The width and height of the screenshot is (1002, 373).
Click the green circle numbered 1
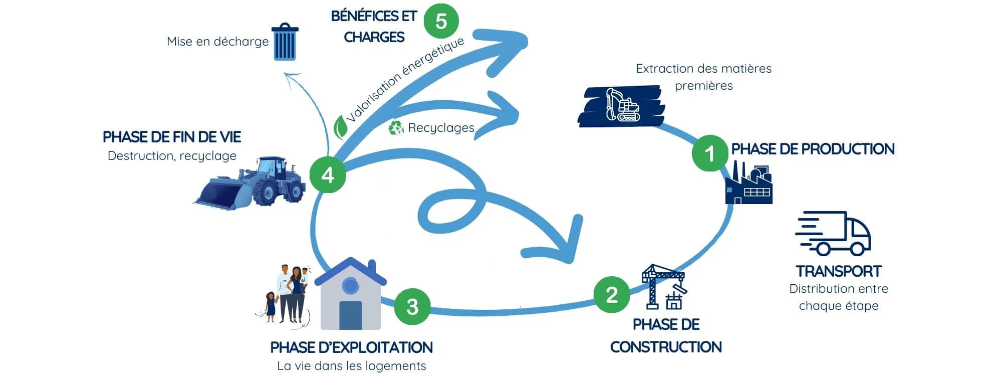pos(710,153)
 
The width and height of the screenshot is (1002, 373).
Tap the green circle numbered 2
pos(612,295)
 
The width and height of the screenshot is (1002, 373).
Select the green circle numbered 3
pos(412,306)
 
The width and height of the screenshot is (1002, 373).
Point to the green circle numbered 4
pos(328,175)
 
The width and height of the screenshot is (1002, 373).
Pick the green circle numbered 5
pos(441,21)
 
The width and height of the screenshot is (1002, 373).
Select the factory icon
pos(749,184)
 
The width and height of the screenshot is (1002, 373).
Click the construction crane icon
pos(663,287)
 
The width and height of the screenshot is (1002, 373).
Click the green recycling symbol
pos(396,128)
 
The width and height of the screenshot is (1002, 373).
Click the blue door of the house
pos(350,315)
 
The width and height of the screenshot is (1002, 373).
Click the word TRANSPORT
pos(838,271)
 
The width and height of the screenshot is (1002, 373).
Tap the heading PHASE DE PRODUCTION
pos(813,149)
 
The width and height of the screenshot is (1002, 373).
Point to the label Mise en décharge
pos(217,42)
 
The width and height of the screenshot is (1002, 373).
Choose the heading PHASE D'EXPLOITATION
pos(351,347)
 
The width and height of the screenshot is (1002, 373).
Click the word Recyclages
pos(441,128)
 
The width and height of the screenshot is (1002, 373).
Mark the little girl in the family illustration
pos(271,307)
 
